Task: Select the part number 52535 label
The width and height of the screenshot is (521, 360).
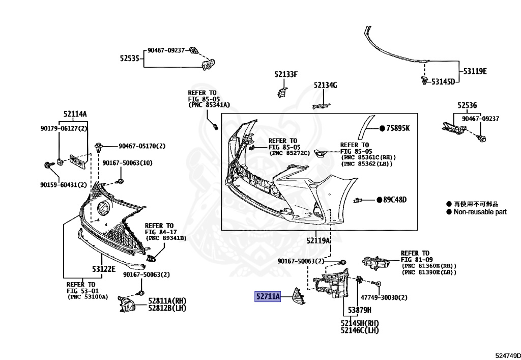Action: click(130, 59)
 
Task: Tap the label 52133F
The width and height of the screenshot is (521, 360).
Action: click(286, 74)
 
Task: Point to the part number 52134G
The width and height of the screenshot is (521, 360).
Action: click(325, 85)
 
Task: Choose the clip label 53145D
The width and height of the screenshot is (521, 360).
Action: click(443, 81)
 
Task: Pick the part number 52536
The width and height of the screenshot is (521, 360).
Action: click(467, 105)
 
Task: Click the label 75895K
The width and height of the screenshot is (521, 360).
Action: click(397, 128)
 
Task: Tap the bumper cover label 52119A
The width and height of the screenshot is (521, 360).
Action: click(319, 240)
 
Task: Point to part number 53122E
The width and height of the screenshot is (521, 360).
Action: click(104, 268)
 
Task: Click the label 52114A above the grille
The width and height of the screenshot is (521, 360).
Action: click(75, 114)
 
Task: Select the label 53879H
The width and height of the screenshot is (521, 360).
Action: click(360, 310)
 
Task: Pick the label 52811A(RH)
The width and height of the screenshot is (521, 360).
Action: click(166, 300)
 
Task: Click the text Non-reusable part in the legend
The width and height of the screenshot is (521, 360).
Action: click(480, 212)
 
